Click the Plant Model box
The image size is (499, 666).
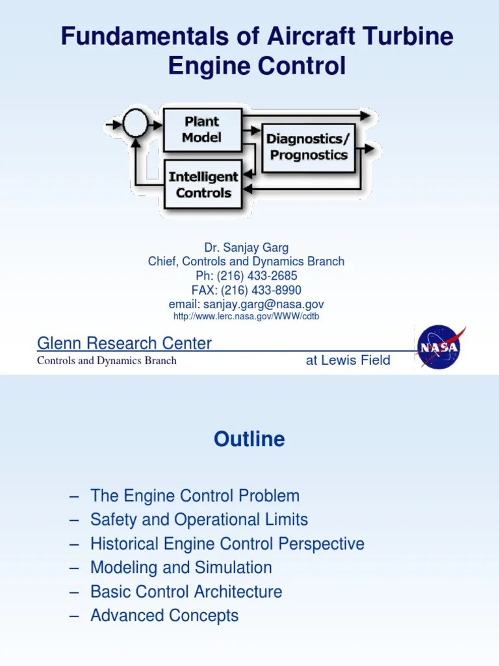201,129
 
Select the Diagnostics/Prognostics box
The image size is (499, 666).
309,146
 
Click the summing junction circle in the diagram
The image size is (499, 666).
135,123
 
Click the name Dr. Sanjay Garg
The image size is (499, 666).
246,247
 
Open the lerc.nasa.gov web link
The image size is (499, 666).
246,317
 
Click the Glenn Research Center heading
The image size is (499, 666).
124,343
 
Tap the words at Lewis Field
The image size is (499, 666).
348,360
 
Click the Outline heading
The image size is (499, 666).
249,440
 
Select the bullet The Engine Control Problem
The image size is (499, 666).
195,496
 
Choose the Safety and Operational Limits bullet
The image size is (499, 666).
199,520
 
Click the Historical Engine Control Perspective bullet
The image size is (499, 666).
227,544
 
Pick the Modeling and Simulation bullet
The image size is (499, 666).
181,568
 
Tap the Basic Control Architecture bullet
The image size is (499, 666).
186,592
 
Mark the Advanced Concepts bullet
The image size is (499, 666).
164,615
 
